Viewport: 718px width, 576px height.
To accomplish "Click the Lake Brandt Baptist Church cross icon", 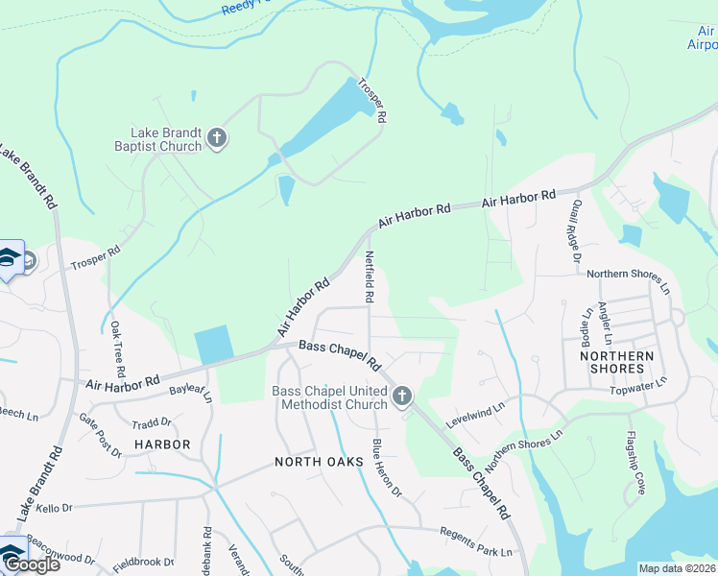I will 216,138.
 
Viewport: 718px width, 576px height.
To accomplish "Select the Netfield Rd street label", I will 369,277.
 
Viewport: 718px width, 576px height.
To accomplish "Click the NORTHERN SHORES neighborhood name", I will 616,362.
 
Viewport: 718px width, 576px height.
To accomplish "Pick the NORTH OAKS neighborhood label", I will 319,462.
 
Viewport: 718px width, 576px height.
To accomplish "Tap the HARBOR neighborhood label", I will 162,444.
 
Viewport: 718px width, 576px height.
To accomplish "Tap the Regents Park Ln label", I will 477,542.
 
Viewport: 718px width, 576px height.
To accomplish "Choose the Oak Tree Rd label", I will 116,348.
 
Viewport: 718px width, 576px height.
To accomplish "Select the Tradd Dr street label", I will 152,423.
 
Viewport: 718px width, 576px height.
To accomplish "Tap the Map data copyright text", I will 678,568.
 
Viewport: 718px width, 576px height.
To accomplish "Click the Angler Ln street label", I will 604,323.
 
